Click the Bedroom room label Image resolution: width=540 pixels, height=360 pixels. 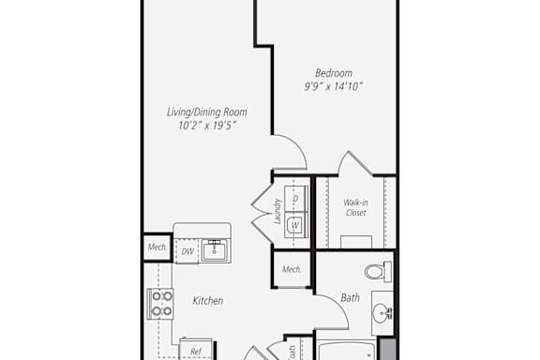[334, 73]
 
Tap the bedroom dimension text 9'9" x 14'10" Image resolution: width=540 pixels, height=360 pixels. [334, 86]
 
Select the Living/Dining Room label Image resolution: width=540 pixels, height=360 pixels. [207, 112]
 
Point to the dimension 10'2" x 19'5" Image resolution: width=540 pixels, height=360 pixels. [207, 126]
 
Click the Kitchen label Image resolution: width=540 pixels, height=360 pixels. [208, 301]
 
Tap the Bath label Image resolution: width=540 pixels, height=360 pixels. [351, 297]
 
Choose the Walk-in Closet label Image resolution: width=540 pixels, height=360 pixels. [355, 208]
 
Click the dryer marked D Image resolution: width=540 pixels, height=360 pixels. [296, 199]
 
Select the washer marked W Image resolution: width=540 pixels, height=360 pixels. [296, 225]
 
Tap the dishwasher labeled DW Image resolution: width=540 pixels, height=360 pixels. [187, 251]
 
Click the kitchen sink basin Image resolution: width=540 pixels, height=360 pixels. [214, 250]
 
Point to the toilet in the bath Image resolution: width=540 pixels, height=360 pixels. [378, 272]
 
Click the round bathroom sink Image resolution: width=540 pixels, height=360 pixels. [382, 313]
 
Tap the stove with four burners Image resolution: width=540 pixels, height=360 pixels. [160, 304]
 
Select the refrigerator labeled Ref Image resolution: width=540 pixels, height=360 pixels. [196, 350]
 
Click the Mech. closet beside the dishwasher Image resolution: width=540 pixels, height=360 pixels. [157, 247]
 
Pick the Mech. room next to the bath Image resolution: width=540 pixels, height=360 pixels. [292, 269]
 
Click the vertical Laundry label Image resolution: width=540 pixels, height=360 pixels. [277, 211]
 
